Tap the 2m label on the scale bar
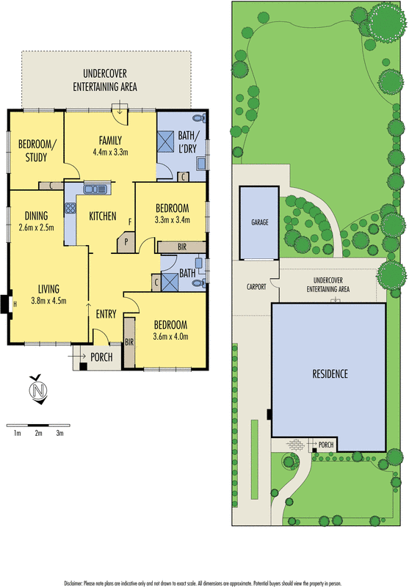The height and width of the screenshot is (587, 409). pos(38,434)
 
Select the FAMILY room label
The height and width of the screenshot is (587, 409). pos(110,141)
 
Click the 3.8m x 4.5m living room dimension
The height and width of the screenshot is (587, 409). pos(49,299)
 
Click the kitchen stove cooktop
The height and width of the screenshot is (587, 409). pos(71,208)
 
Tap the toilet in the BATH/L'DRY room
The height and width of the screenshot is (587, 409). pos(196,119)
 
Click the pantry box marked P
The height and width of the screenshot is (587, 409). pos(126,240)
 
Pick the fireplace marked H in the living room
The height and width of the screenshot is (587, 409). pos(6,302)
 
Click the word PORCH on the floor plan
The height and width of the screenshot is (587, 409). pos(101,357)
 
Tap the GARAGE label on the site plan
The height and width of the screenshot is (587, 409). pos(259,221)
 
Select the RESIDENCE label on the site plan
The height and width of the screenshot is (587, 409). pos(329,373)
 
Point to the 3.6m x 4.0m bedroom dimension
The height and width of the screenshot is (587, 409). pos(170,337)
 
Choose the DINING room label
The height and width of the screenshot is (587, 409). pos(35,216)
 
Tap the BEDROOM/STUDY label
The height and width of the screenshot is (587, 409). pos(32,150)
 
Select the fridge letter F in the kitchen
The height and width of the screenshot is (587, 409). pos(130,221)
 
